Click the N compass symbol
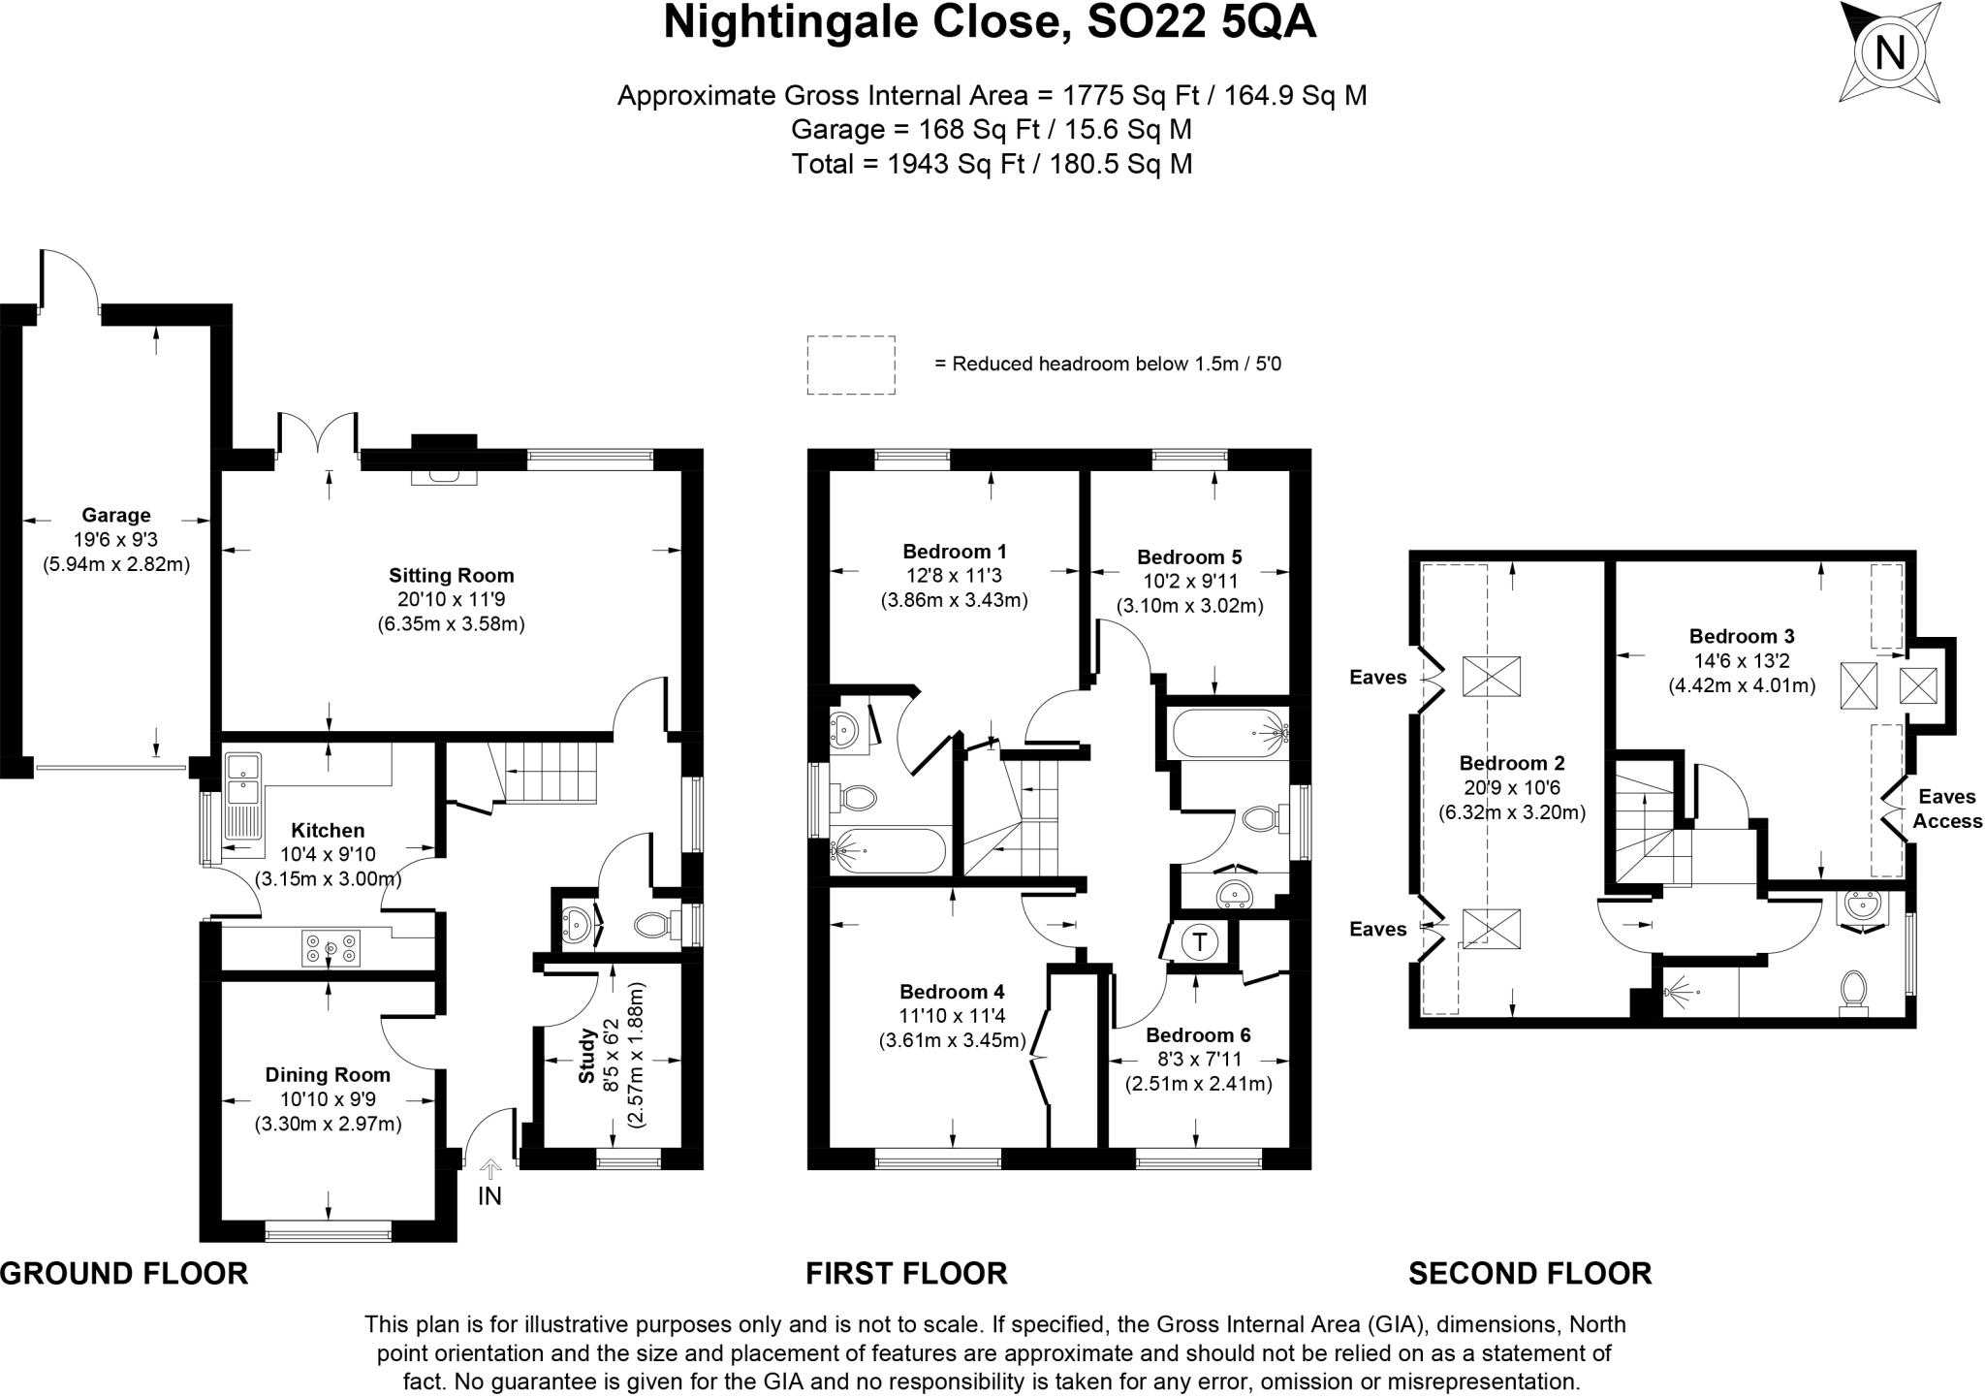coord(1889,52)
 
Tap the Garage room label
coord(115,516)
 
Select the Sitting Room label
coord(451,576)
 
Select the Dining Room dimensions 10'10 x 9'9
coord(328,1099)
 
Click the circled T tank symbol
coord(1200,941)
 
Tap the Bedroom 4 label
coord(951,992)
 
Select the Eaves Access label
coord(1947,809)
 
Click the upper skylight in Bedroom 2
coord(1491,676)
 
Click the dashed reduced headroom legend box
coord(850,365)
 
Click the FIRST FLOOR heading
coord(906,1273)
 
